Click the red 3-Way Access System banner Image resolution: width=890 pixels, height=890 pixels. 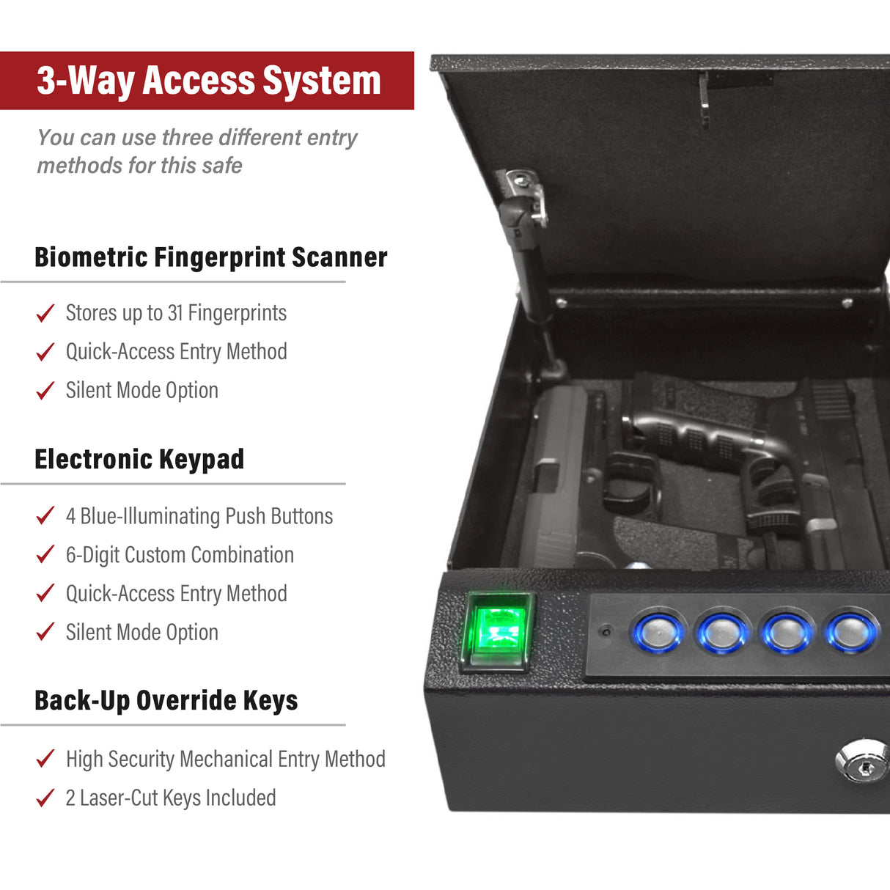208,81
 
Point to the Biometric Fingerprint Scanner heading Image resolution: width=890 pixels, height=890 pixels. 210,257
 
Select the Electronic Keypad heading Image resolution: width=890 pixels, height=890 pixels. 139,460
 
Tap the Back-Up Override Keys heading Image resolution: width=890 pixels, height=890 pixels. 166,701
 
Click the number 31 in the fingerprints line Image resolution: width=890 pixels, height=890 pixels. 175,313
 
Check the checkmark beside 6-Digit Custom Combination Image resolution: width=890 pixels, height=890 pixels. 45,554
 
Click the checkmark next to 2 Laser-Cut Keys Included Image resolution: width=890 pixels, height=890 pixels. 45,797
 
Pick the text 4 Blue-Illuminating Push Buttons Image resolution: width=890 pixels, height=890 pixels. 199,516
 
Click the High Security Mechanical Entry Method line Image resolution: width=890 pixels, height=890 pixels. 226,759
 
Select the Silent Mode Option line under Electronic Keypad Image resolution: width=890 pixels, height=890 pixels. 142,632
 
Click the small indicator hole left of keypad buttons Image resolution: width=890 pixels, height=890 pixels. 606,630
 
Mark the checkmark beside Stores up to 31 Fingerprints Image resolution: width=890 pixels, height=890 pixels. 45,313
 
